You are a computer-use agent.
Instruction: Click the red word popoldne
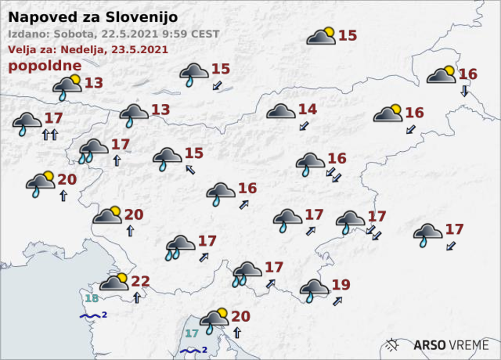pos(45,66)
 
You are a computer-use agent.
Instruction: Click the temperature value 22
pos(140,281)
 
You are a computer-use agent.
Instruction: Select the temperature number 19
pos(341,285)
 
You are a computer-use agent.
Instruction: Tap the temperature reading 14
pos(308,110)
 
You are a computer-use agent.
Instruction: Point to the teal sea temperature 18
pos(92,298)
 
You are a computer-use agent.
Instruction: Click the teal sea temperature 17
pos(191,334)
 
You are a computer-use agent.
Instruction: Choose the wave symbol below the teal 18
pos(91,316)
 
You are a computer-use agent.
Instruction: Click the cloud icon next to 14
pos(281,112)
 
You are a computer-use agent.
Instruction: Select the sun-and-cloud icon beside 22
pos(114,282)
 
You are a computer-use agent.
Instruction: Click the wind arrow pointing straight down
pos(464,91)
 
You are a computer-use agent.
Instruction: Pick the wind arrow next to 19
pos(337,301)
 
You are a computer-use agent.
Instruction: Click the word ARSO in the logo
pos(430,345)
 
